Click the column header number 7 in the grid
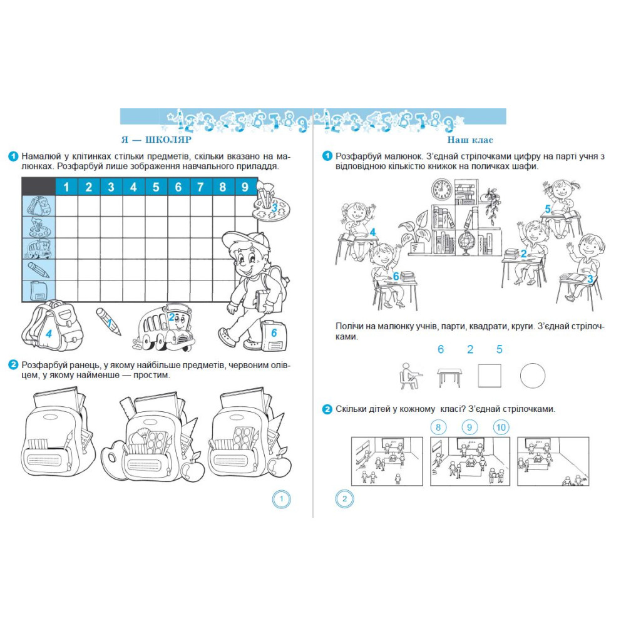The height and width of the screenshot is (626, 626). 200,187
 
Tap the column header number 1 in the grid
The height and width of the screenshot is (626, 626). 66,187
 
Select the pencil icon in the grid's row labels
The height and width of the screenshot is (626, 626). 38,270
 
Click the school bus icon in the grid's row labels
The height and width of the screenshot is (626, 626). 38,249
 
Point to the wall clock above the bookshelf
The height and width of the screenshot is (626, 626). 442,189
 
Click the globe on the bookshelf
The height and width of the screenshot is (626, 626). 465,242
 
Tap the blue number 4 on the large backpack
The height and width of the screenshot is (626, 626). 49,334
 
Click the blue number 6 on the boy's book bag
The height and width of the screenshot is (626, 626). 274,332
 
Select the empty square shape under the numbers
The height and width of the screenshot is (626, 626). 490,376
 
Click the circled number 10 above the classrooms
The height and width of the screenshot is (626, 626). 501,427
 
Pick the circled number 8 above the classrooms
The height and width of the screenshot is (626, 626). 438,427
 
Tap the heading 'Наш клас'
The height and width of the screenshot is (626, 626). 470,140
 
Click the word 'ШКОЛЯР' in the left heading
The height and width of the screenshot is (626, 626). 168,140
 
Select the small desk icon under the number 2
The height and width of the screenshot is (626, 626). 449,377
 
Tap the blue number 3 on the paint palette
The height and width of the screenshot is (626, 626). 274,208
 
